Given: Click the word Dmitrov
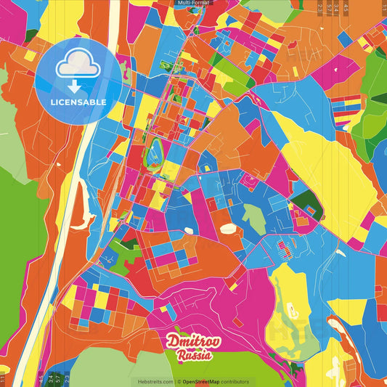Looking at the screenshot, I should coord(190,341).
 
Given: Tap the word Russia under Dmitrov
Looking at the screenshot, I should coord(194,355).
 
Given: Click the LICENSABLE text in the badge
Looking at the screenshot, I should coord(78,102).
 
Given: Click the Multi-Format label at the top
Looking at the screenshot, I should coord(193,3).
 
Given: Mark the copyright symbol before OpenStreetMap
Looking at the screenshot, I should coord(179,381).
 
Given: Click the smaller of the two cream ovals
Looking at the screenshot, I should coord(189,231).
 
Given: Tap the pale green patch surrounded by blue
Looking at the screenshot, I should coord(253,219).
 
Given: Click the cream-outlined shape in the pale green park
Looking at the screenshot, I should coord(293,312).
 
